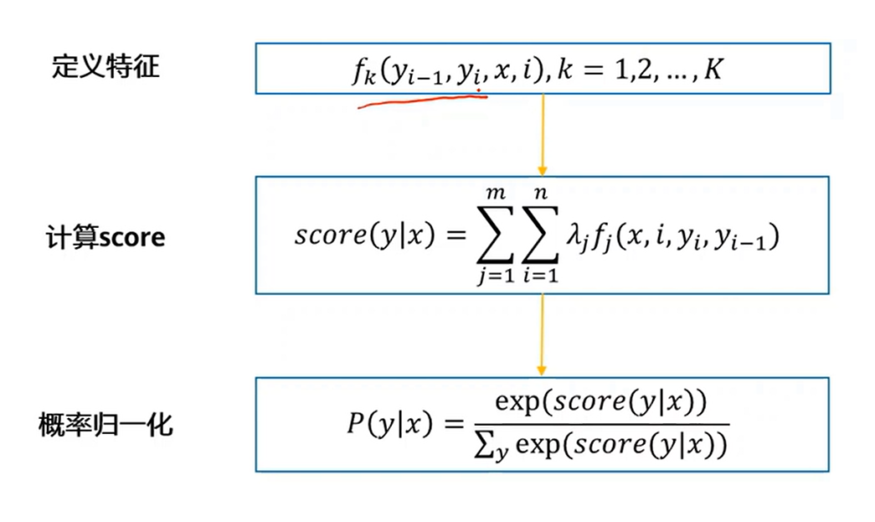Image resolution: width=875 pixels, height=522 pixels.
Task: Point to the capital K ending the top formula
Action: [x=713, y=70]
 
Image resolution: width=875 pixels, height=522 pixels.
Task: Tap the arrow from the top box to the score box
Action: [x=543, y=134]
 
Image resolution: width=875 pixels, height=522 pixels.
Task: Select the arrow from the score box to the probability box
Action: [x=543, y=335]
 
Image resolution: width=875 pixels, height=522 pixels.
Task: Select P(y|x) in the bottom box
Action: [x=390, y=425]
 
